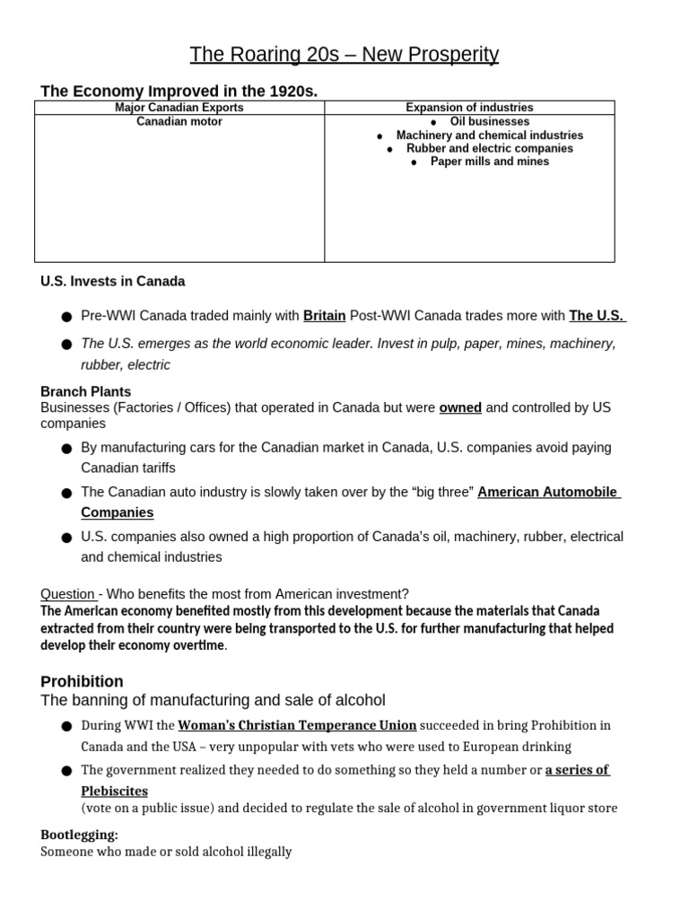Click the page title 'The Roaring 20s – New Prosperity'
tap(344, 55)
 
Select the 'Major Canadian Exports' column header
tap(179, 108)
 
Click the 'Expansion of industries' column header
tap(469, 108)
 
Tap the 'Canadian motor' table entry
tap(179, 121)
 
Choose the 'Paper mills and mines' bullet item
tap(489, 162)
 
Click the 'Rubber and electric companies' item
tap(489, 148)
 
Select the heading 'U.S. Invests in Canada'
tap(113, 281)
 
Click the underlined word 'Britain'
tap(324, 316)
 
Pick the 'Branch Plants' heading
tap(86, 391)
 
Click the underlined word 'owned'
tap(460, 407)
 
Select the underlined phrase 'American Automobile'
tap(548, 492)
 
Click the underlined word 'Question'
tap(68, 593)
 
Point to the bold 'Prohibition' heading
tap(83, 681)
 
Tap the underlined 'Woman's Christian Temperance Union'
tap(297, 725)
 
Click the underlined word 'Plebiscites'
tap(115, 791)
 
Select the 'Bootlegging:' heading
tap(79, 835)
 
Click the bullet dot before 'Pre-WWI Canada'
tap(66, 317)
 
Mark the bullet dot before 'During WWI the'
tap(66, 726)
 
